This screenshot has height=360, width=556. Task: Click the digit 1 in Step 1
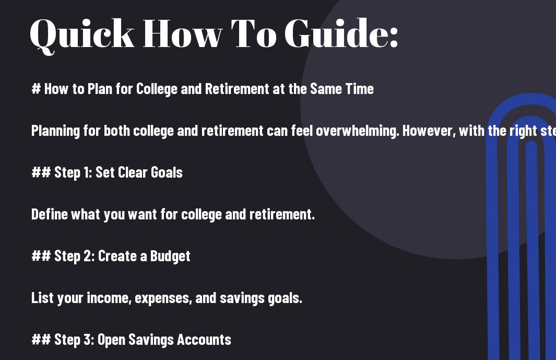pyautogui.click(x=87, y=172)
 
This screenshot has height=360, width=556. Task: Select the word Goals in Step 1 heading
pyautogui.click(x=167, y=172)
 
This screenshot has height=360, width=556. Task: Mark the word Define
pyautogui.click(x=49, y=214)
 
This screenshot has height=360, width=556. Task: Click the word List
pyautogui.click(x=42, y=298)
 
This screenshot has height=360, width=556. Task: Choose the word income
pyautogui.click(x=109, y=298)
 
